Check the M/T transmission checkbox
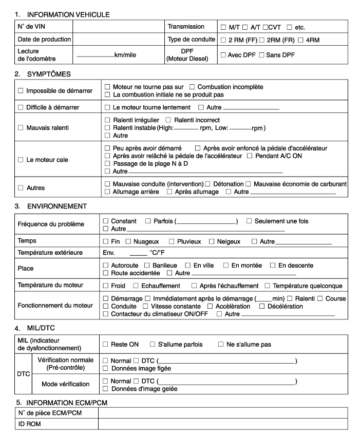223,27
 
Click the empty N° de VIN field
119,26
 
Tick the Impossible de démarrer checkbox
21,91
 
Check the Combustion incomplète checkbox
192,88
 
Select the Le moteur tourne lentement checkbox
107,108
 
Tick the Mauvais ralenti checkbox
21,126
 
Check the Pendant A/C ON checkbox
250,156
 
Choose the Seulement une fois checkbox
249,221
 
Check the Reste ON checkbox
106,344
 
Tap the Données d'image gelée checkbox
106,389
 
